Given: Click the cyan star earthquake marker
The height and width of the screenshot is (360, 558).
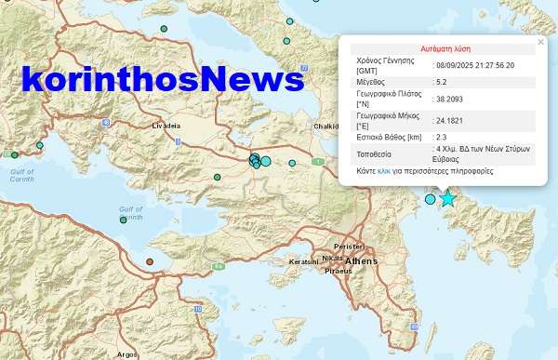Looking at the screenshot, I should pyautogui.click(x=448, y=198).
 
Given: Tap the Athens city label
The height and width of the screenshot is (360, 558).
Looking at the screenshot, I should pyautogui.click(x=361, y=262).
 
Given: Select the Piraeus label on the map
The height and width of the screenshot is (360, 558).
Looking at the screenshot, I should pyautogui.click(x=338, y=271).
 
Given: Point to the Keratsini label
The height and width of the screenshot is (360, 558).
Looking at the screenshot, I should pyautogui.click(x=304, y=262).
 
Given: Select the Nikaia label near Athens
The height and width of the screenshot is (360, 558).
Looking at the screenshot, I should pyautogui.click(x=332, y=258).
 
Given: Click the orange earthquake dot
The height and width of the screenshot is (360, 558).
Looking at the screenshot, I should pyautogui.click(x=149, y=262).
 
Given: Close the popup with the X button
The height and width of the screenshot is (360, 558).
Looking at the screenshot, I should pyautogui.click(x=540, y=42).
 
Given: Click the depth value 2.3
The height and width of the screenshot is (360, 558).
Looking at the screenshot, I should pyautogui.click(x=443, y=137).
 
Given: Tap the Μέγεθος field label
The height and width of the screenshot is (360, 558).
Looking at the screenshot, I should pyautogui.click(x=372, y=81).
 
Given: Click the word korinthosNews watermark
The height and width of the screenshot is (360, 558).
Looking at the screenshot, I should pyautogui.click(x=164, y=80).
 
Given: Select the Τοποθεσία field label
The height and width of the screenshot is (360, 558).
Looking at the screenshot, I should pyautogui.click(x=376, y=153).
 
